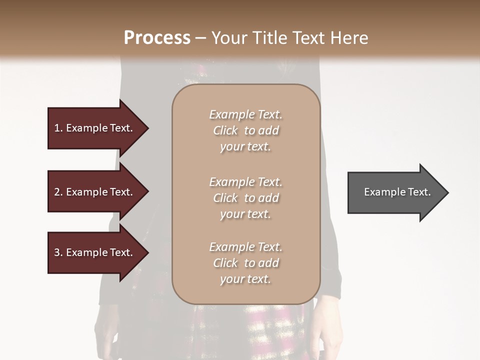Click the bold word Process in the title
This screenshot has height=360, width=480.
tap(157, 38)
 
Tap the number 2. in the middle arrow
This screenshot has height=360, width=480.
tap(58, 192)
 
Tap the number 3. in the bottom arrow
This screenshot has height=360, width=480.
tap(58, 252)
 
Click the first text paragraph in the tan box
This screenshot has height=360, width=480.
tap(245, 130)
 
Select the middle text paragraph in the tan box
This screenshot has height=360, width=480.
tap(245, 198)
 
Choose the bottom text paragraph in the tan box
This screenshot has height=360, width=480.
tap(245, 263)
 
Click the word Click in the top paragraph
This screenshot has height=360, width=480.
tap(225, 131)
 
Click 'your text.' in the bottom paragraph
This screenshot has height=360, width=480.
tap(245, 279)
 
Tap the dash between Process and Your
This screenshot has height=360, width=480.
tap(200, 38)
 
